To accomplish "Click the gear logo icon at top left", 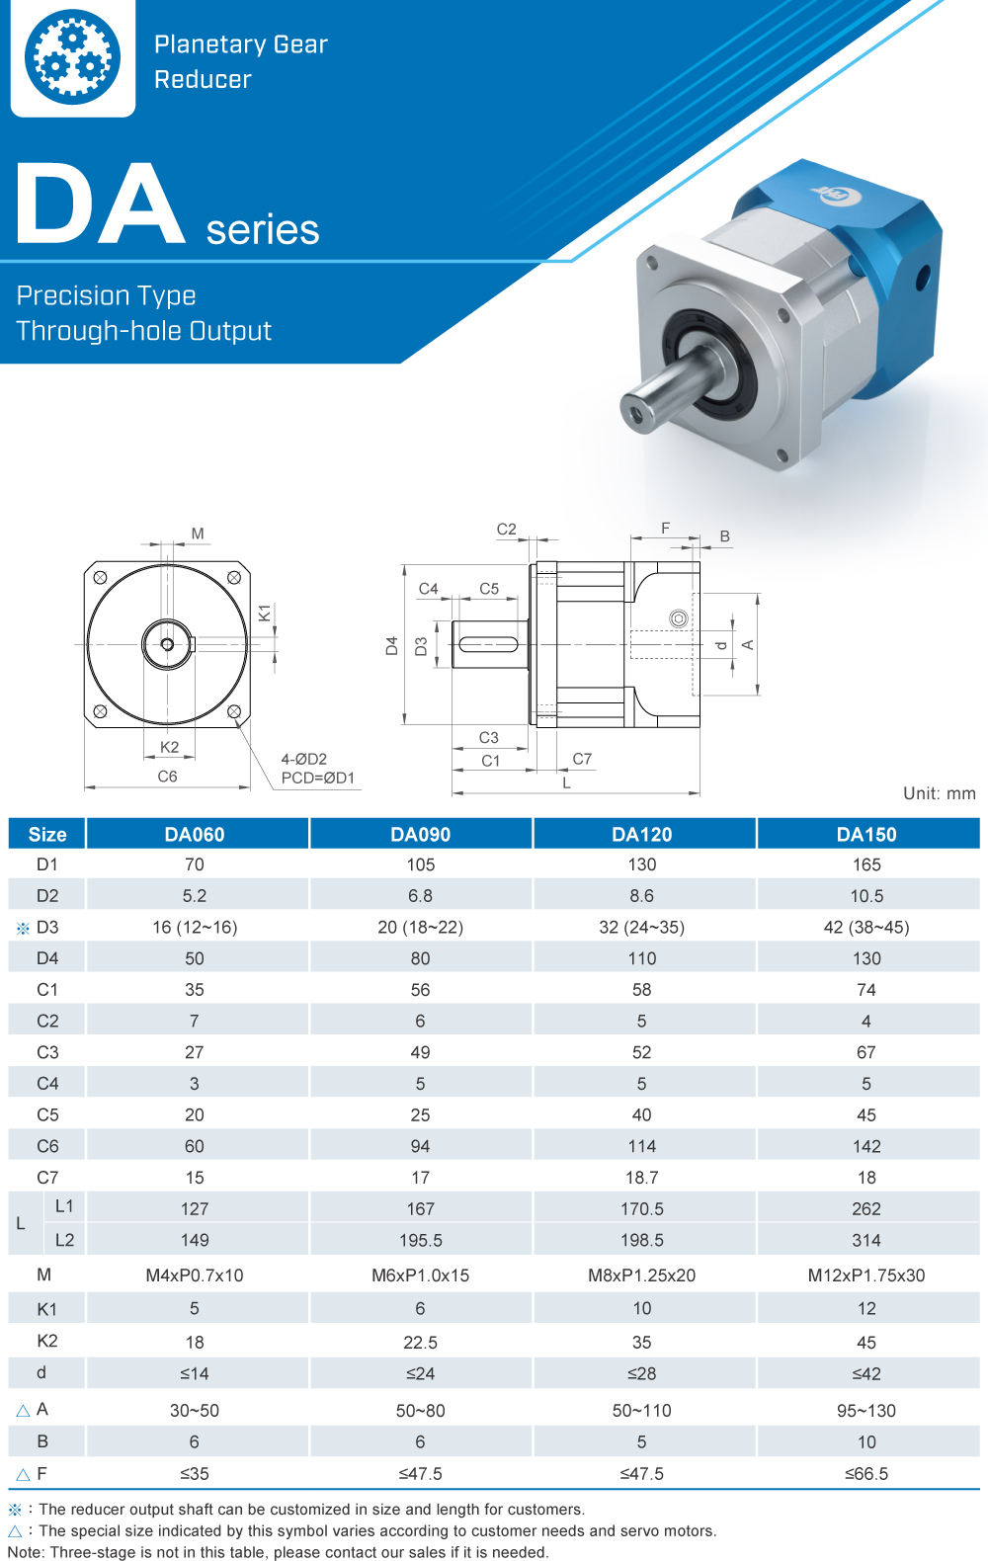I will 72,57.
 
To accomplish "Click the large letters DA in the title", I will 101,205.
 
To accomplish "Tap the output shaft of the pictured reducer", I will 672,385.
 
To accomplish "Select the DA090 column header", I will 420,834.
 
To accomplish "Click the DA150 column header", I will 866,834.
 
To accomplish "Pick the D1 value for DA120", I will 641,864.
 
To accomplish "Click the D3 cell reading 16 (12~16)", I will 195,927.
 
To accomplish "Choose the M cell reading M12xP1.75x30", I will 866,1274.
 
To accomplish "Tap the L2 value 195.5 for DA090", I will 420,1240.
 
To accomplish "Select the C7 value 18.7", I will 641,1178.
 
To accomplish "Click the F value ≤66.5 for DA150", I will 866,1473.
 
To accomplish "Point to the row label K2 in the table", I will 47,1341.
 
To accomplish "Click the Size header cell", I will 47,834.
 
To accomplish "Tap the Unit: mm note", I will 939,793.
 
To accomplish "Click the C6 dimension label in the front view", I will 168,777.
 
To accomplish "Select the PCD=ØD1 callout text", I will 318,778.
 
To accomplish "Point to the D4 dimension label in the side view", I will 392,645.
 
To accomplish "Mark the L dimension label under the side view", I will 566,782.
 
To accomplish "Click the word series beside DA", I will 263,229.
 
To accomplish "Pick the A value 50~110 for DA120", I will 641,1410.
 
